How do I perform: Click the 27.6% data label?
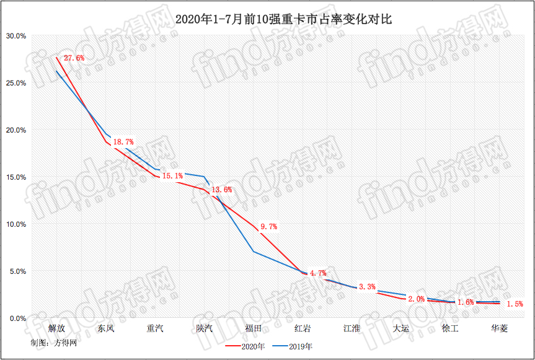74,58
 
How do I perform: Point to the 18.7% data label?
123,143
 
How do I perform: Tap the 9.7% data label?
268,227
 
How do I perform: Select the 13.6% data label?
221,190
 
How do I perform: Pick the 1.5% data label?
515,304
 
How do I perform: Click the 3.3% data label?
367,286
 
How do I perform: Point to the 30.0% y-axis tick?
16,36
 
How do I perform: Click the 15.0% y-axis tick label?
16,177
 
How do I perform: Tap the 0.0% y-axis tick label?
18,318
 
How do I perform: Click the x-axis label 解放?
56,328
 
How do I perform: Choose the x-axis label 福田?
253,328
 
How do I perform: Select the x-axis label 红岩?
303,328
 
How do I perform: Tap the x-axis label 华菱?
499,328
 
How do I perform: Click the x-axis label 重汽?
154,328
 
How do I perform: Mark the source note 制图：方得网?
49,342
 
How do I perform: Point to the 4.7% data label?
318,273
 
